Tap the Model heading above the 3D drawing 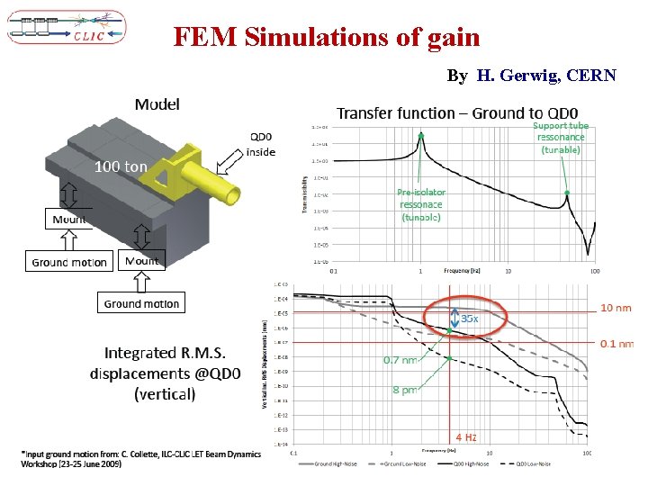tap(157, 103)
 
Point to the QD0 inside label tap(261, 144)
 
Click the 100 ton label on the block tap(121, 166)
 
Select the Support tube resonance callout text tap(561, 138)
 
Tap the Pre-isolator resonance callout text tap(421, 204)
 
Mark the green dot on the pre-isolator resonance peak tap(420, 135)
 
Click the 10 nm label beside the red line tap(616, 308)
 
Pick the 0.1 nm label tap(617, 344)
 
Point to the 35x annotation tap(469, 318)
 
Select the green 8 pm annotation tap(404, 390)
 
